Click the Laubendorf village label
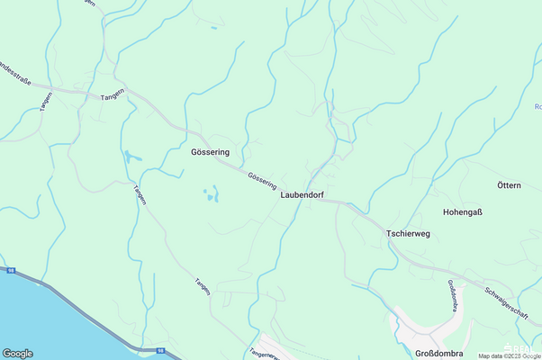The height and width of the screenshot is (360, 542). pos(302,193)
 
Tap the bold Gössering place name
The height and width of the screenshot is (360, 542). pos(211,152)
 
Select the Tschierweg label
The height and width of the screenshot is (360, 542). pos(408,233)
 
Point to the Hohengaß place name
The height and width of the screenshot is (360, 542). pos(463,212)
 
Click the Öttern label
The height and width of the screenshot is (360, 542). pos(509,185)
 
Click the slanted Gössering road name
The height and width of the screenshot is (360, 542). pos(262,180)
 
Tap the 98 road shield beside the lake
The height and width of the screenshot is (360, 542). pos(11,269)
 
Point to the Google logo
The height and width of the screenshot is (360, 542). pos(18,353)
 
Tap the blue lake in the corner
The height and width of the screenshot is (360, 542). pos(36,324)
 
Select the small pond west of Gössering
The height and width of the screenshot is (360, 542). pos(132,157)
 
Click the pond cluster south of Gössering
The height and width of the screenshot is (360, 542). pos(212,193)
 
